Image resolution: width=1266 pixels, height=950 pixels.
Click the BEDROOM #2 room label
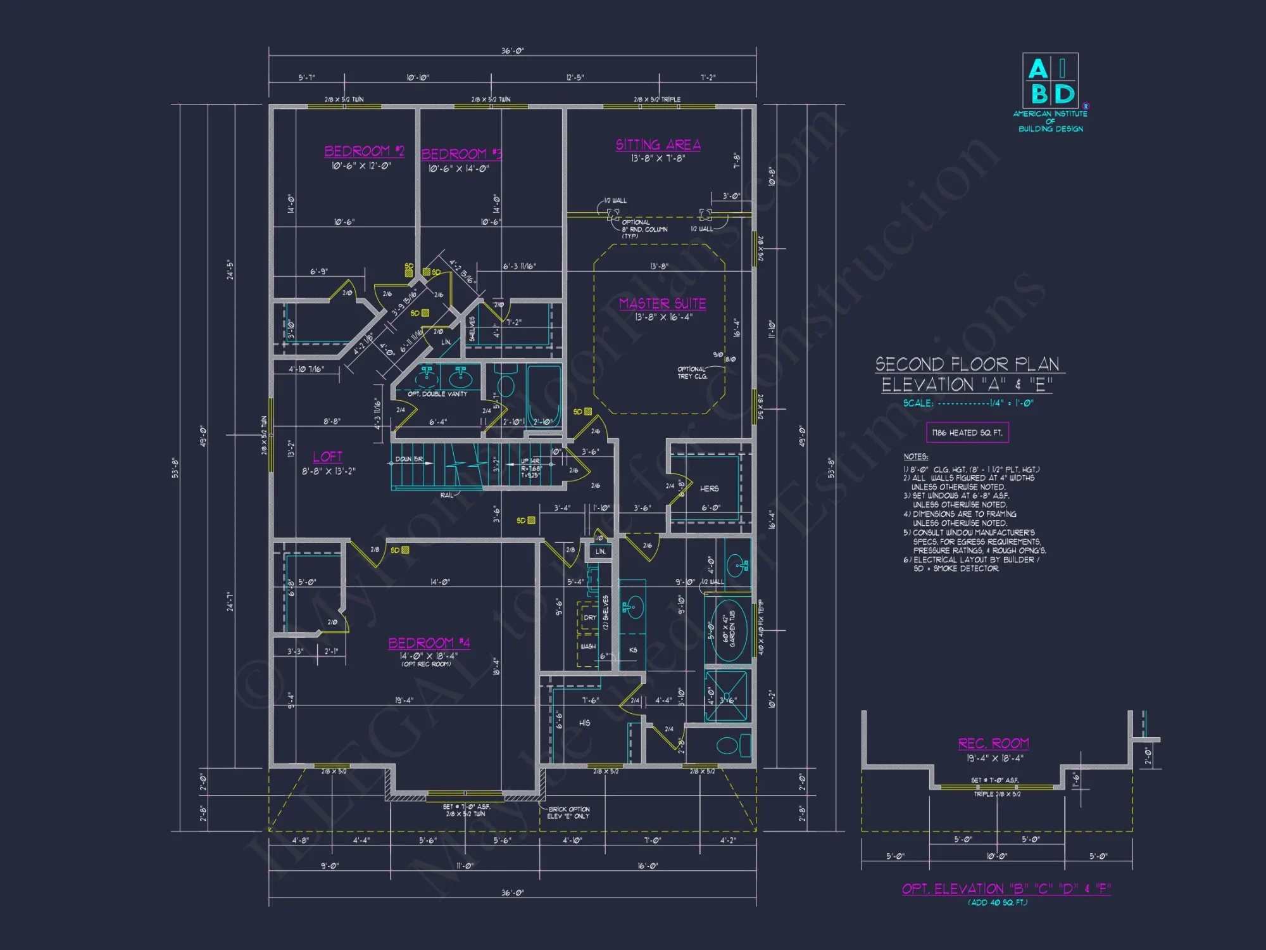point(364,151)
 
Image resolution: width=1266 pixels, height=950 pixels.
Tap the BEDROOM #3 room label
point(461,154)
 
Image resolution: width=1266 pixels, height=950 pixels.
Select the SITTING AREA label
point(658,145)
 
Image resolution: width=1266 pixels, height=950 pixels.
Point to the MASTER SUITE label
point(662,304)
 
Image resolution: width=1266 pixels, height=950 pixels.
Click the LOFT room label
point(327,457)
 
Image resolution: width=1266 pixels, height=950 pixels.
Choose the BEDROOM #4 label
point(429,643)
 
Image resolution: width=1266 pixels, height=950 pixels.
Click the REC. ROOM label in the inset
point(993,744)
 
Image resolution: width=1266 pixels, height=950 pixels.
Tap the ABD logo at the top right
point(1050,81)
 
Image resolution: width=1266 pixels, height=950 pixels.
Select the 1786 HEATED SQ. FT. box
point(967,433)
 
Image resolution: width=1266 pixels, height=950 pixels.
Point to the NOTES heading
point(915,457)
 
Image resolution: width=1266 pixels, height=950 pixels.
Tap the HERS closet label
point(709,489)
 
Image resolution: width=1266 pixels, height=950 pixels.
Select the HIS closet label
point(584,723)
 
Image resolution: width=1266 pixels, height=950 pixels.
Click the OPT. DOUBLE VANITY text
point(437,394)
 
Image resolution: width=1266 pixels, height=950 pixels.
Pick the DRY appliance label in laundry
point(589,617)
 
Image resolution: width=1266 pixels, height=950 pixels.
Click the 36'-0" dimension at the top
point(512,51)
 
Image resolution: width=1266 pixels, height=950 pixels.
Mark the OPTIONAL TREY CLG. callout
point(692,372)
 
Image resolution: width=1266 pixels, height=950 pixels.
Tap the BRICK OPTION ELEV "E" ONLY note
point(568,813)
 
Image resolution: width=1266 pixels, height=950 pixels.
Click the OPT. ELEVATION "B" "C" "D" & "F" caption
point(1006,889)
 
